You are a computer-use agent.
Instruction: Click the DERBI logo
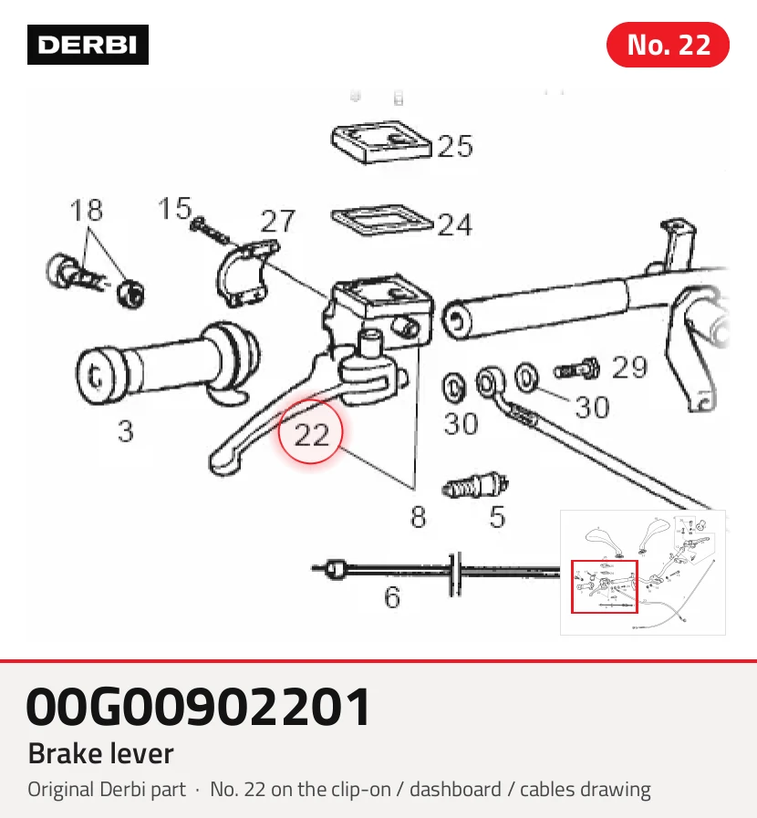pyautogui.click(x=88, y=45)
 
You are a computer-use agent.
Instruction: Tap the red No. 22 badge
pyautogui.click(x=668, y=45)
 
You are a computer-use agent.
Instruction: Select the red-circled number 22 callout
pyautogui.click(x=311, y=432)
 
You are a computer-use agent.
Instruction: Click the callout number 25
pyautogui.click(x=455, y=146)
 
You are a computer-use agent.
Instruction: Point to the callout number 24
pyautogui.click(x=455, y=225)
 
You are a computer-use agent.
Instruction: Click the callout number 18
pyautogui.click(x=86, y=210)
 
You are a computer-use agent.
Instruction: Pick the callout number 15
pyautogui.click(x=175, y=208)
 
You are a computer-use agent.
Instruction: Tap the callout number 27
pyautogui.click(x=278, y=222)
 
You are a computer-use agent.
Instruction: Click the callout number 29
pyautogui.click(x=629, y=368)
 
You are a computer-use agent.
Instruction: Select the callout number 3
pyautogui.click(x=126, y=431)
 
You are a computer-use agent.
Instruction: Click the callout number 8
pyautogui.click(x=418, y=517)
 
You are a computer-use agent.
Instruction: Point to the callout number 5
pyautogui.click(x=497, y=517)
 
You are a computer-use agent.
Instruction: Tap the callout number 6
pyautogui.click(x=392, y=596)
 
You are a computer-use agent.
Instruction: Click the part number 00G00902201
pyautogui.click(x=199, y=707)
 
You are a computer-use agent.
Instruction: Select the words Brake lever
pyautogui.click(x=100, y=753)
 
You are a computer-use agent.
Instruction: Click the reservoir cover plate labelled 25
pyautogui.click(x=381, y=142)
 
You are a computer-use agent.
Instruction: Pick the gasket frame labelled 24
pyautogui.click(x=382, y=220)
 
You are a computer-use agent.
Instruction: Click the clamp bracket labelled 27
pyautogui.click(x=245, y=274)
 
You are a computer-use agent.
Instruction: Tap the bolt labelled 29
pyautogui.click(x=576, y=369)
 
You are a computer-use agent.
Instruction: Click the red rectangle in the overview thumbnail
pyautogui.click(x=605, y=587)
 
